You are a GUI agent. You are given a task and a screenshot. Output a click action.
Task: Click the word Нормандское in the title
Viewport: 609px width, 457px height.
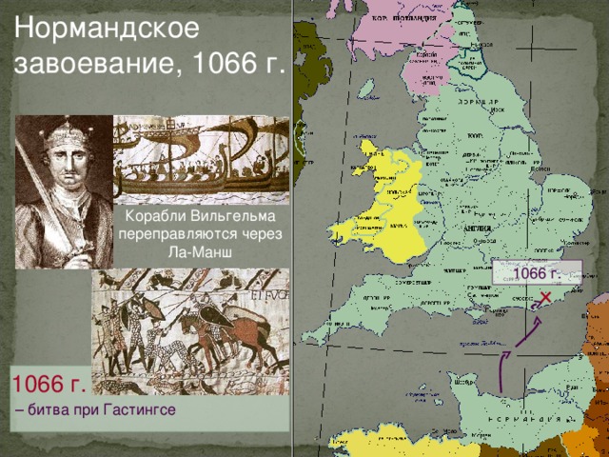click(x=106, y=28)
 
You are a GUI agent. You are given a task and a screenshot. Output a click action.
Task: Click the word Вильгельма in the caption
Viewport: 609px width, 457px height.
click(x=235, y=217)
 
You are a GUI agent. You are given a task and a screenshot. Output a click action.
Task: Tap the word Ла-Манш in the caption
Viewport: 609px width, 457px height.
click(x=202, y=252)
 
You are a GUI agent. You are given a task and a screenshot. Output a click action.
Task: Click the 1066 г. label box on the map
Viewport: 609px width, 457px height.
click(x=537, y=274)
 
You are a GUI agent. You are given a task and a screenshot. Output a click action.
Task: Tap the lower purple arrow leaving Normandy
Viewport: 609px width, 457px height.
click(x=501, y=371)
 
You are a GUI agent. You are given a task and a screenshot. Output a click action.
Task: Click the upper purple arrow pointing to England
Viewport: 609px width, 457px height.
click(x=529, y=333)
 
